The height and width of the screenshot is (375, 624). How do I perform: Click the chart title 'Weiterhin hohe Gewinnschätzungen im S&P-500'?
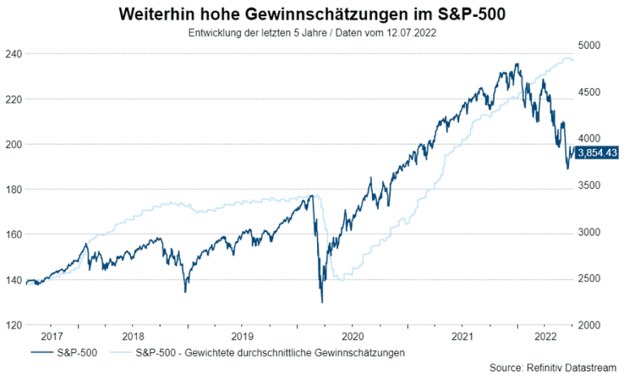pos(312,15)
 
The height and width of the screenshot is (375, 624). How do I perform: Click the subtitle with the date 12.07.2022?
pos(312,33)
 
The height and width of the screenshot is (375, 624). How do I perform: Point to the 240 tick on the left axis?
pos(13,54)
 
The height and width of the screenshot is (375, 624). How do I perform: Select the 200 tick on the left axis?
pos(13,144)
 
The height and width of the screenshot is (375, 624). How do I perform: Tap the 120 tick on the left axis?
pos(13,325)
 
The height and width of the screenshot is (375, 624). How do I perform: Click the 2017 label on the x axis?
pos(51,335)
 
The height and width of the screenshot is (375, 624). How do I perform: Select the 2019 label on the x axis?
pos(242,335)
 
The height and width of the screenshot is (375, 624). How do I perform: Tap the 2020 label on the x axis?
pos(353,335)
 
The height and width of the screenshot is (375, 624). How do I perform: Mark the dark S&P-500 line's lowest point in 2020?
pos(322,303)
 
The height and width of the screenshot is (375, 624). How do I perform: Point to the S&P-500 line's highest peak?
pos(517,63)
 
